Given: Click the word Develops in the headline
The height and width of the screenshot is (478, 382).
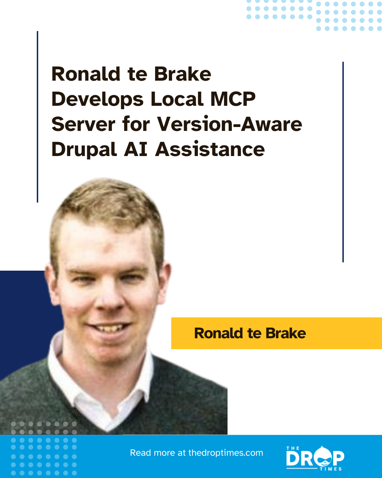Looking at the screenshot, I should (x=98, y=99).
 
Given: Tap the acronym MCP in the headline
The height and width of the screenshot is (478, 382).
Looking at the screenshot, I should (x=233, y=99).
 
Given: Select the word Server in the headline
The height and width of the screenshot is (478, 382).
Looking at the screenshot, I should (x=83, y=124).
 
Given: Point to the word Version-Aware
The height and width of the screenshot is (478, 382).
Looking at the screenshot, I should (x=229, y=124).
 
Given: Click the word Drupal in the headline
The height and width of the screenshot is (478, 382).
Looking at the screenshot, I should (x=84, y=150).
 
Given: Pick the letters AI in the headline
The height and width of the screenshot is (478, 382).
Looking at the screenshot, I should (x=136, y=149).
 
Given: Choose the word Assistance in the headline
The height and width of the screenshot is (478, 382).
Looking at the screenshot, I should (x=210, y=149).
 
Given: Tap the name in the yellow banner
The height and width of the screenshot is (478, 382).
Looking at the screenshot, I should (x=250, y=333).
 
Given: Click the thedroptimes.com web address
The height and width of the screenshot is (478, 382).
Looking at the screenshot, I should (x=225, y=453).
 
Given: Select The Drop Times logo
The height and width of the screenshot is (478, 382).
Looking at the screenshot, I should (x=315, y=458).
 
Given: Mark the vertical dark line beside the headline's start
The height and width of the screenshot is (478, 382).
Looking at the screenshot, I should (x=37, y=117).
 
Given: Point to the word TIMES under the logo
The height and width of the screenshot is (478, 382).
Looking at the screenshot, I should (x=331, y=469).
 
